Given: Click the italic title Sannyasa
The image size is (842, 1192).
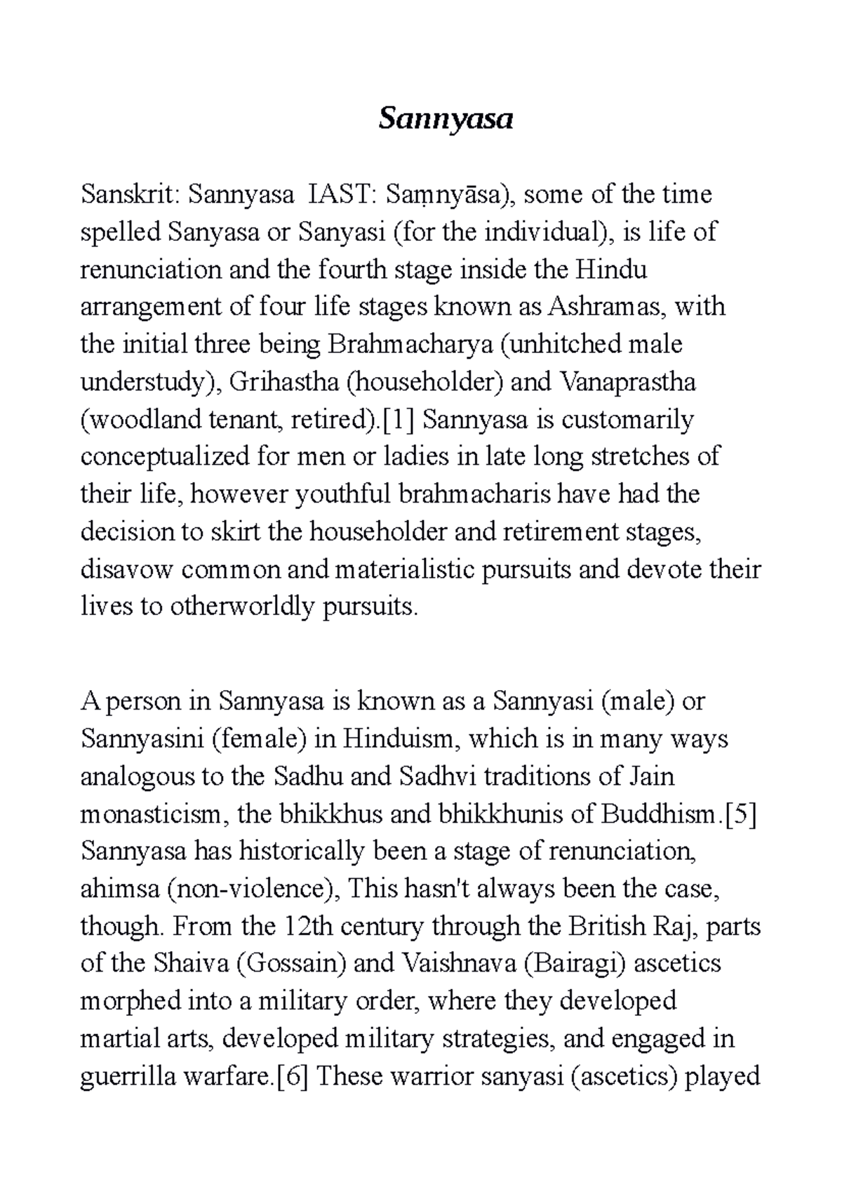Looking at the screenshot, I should (x=446, y=120).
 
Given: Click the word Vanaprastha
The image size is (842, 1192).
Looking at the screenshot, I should (x=627, y=383).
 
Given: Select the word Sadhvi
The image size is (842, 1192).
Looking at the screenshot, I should (x=437, y=776).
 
